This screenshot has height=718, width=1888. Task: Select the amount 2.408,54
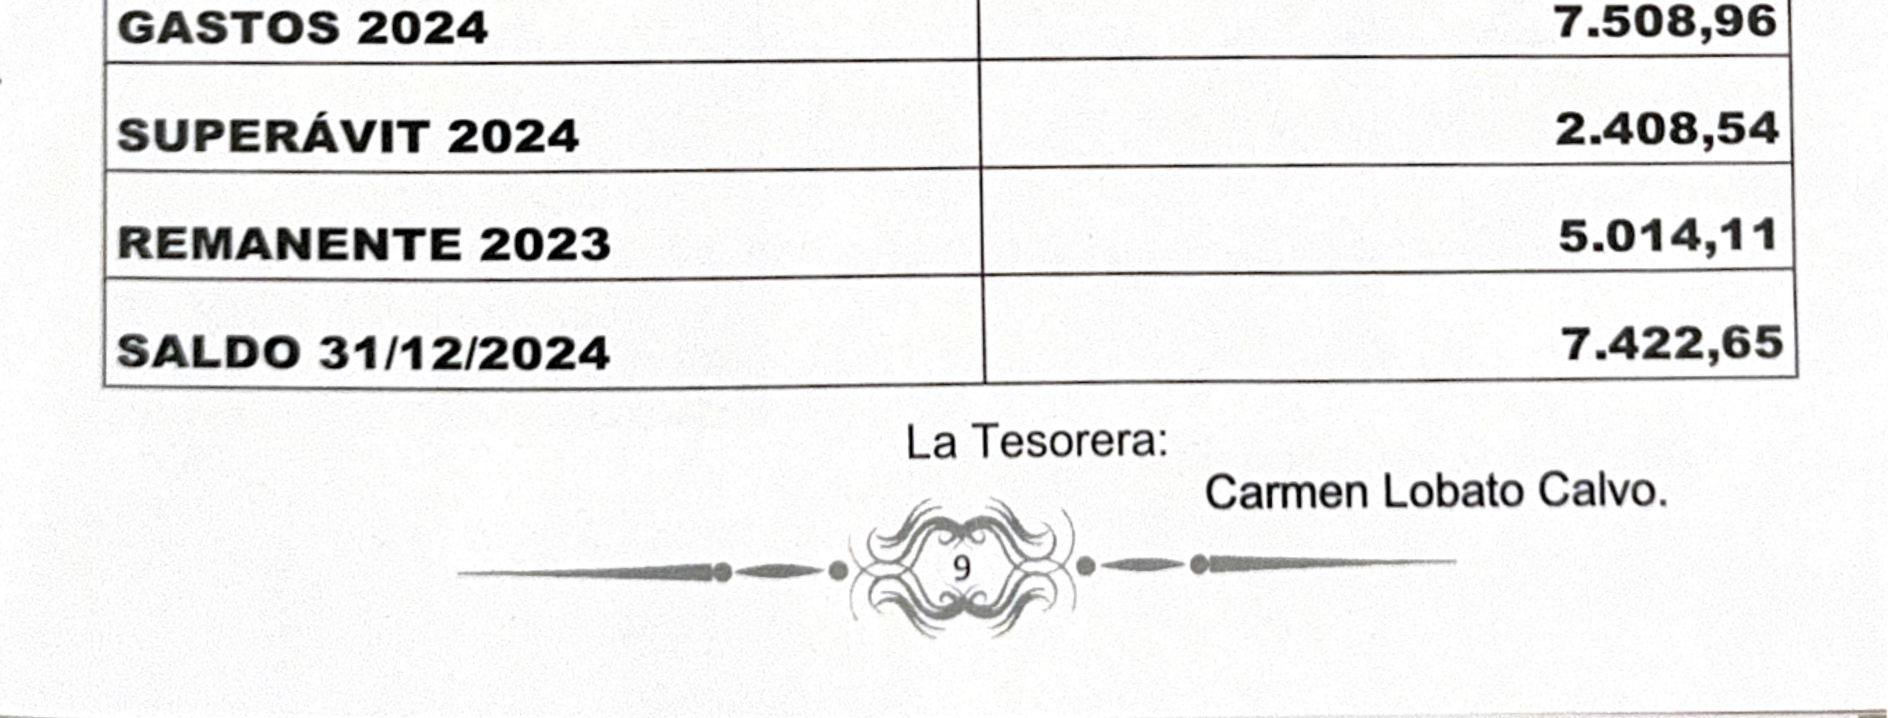pyautogui.click(x=1666, y=130)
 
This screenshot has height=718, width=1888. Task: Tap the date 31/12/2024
pyautogui.click(x=464, y=352)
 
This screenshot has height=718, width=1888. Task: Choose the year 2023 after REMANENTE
pyautogui.click(x=545, y=244)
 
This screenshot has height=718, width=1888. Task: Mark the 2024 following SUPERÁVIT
pyautogui.click(x=513, y=136)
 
